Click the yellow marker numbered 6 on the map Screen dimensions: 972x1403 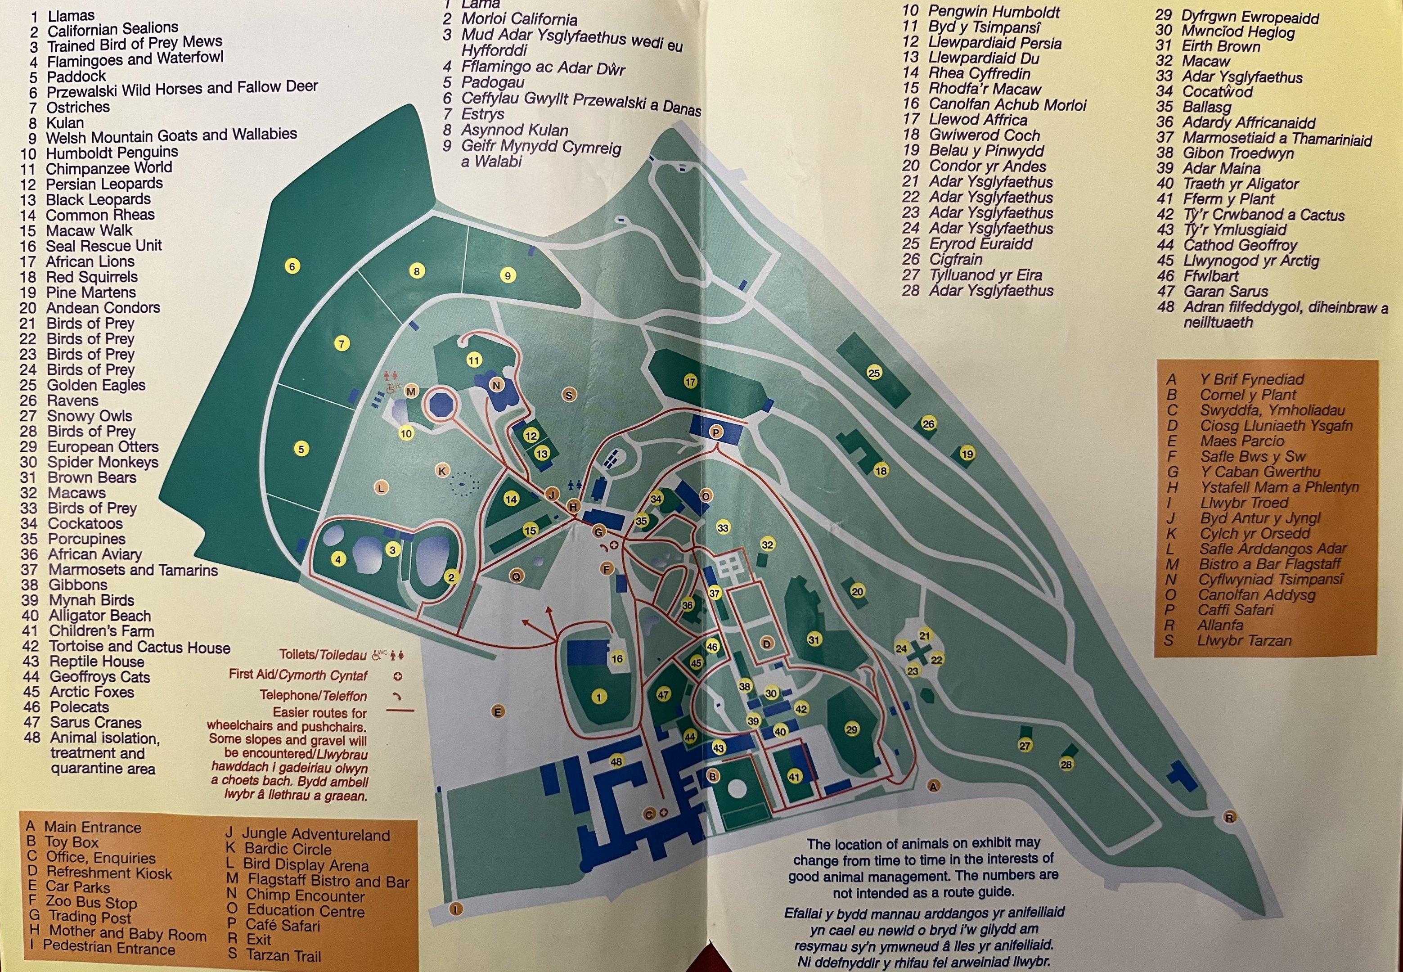[x=292, y=266]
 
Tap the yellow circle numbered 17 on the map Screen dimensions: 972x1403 [x=690, y=382]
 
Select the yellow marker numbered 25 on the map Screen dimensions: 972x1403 [x=874, y=373]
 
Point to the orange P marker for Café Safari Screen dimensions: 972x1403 [x=715, y=432]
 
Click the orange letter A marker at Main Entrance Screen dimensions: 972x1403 [x=933, y=786]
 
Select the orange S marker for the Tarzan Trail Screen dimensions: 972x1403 [x=569, y=395]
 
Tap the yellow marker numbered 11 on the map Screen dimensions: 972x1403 [x=474, y=360]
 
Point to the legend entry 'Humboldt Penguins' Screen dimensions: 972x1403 [x=112, y=152]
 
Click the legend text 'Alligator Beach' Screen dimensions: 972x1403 [x=100, y=616]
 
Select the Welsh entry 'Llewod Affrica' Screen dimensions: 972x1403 [x=977, y=120]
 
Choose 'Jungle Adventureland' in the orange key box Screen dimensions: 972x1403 [x=315, y=834]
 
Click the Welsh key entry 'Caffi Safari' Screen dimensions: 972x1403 [x=1235, y=610]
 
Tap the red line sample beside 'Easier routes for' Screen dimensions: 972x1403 [x=400, y=711]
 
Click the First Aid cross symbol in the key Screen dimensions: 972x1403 [x=398, y=676]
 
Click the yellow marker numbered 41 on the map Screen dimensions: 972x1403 [x=794, y=777]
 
